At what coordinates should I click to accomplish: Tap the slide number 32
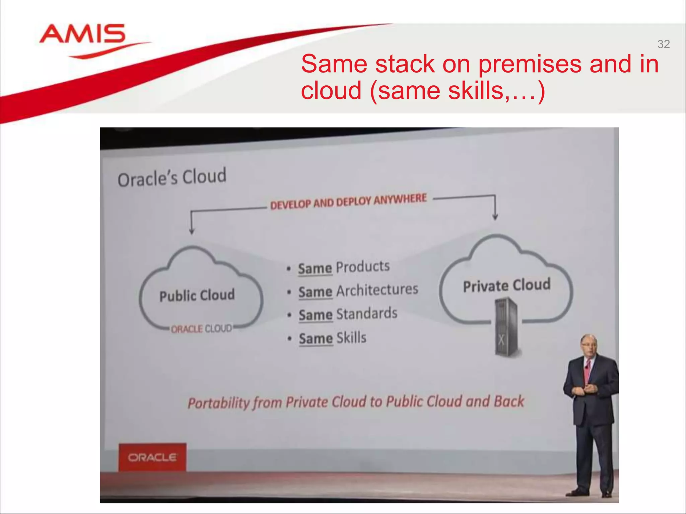click(x=663, y=44)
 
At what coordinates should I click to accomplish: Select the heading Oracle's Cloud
click(x=172, y=177)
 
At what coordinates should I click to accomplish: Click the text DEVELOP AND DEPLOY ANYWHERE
click(x=348, y=201)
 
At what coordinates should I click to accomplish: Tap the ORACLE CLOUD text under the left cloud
click(x=201, y=329)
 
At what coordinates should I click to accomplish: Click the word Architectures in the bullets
click(x=377, y=290)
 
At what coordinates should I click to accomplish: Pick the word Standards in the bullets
click(x=367, y=314)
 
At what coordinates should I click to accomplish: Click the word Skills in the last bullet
click(x=351, y=338)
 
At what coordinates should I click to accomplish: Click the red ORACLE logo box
click(x=152, y=457)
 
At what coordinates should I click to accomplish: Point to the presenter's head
click(x=589, y=345)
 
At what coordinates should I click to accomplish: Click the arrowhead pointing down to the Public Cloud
click(x=192, y=231)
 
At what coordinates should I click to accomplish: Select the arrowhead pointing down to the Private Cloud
click(x=495, y=217)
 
